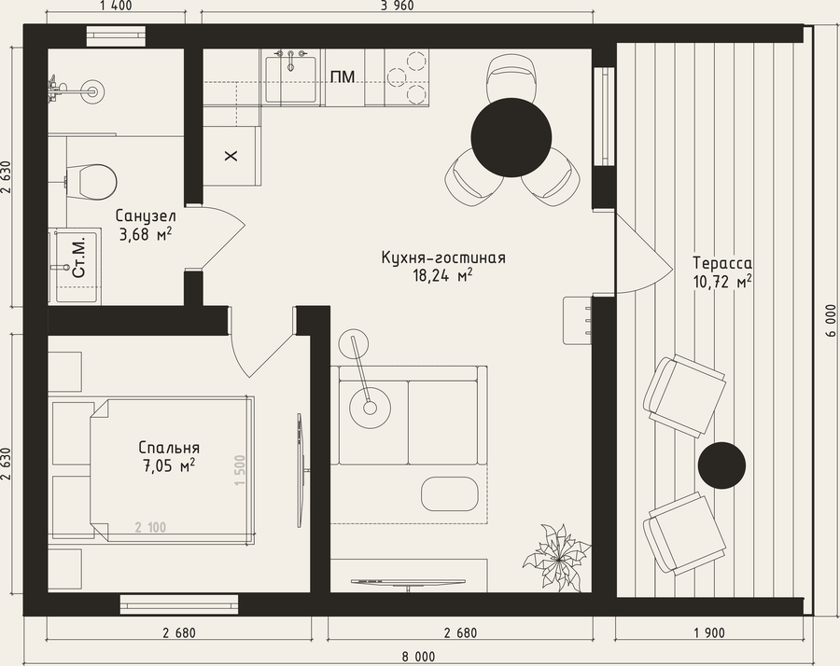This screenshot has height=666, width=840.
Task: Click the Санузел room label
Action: [146, 216]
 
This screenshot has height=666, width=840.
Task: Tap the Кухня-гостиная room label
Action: [443, 257]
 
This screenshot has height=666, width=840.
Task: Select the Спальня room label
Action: [169, 448]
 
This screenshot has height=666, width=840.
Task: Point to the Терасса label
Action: [722, 263]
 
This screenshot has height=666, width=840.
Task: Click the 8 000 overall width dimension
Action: [418, 657]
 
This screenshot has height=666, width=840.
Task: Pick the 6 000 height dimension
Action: [831, 321]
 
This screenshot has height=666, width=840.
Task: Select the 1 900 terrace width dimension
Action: [709, 633]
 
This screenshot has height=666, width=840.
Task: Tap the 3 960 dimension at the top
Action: [397, 6]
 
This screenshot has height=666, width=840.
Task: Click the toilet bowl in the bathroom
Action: [91, 182]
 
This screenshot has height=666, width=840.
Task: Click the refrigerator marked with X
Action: [231, 157]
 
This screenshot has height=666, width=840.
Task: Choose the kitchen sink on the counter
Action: [291, 76]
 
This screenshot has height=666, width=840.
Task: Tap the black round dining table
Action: [511, 138]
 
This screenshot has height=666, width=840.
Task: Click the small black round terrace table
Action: [721, 465]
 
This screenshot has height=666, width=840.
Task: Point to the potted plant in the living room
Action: [556, 558]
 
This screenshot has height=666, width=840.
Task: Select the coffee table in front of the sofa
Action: [449, 493]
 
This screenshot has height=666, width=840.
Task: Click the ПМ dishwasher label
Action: [343, 77]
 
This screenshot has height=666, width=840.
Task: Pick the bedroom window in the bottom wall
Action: [179, 604]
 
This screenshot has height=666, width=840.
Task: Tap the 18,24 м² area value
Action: [442, 276]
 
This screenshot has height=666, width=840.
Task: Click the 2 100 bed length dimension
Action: [150, 527]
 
